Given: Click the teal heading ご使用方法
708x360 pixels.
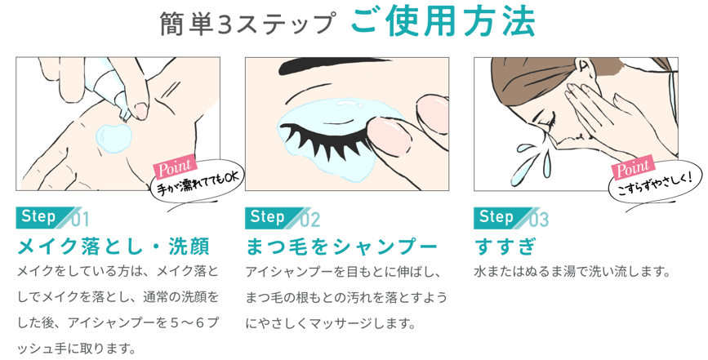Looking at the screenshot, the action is click(443, 20).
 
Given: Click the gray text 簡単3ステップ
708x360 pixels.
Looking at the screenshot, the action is click(248, 24).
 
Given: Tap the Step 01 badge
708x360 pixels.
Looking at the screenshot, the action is click(52, 218).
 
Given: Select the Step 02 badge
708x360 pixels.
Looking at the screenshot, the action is click(283, 218).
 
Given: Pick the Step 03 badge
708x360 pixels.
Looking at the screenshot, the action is click(511, 218).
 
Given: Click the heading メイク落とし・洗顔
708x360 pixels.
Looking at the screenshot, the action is click(113, 247).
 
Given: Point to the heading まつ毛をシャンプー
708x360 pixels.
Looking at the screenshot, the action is click(341, 247).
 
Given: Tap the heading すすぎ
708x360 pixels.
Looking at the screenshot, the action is click(505, 247).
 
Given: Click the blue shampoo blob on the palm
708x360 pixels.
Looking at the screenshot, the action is click(114, 136).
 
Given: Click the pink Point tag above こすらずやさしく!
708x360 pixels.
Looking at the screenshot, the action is click(633, 168).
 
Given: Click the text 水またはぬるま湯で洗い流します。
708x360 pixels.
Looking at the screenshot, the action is click(572, 272).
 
